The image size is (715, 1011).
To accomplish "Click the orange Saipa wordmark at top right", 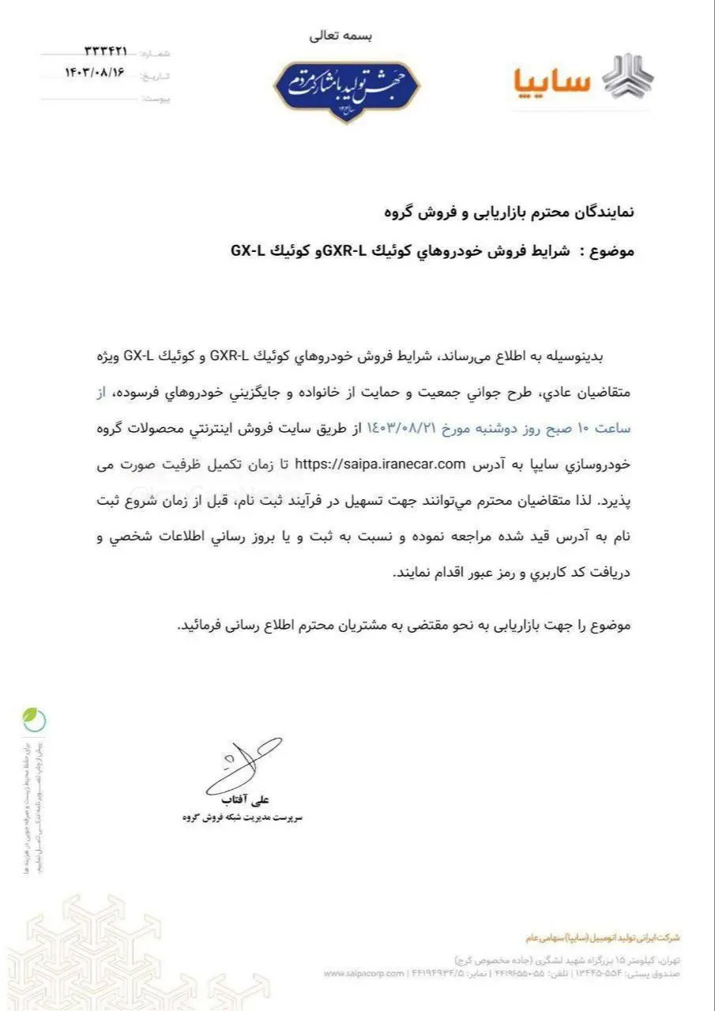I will [551, 80].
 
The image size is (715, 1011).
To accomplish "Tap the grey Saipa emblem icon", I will [628, 77].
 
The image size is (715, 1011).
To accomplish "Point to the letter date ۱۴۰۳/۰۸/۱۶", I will [96, 73].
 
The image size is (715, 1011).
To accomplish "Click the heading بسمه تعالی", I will [344, 36].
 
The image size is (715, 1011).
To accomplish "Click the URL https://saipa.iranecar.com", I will [378, 464].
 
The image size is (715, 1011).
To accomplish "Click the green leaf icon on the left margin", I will [33, 719].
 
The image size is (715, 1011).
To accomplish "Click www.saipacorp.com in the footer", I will [363, 973].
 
